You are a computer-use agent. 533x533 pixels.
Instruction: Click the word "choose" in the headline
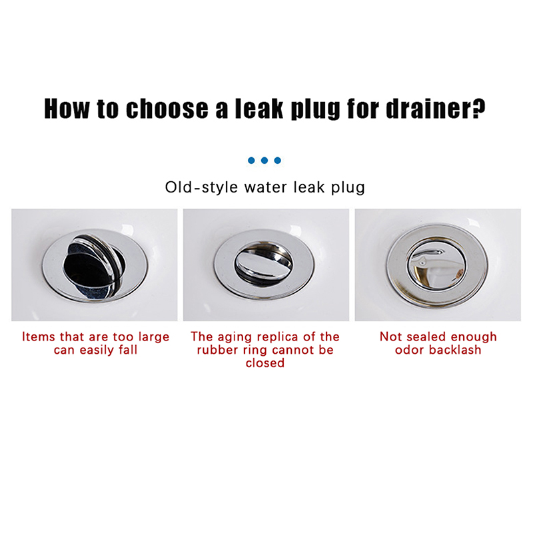coord(167,109)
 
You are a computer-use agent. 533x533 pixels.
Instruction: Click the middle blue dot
coord(265,161)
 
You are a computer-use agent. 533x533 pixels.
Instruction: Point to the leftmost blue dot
coord(251,161)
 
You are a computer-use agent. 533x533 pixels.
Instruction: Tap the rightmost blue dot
coord(278,161)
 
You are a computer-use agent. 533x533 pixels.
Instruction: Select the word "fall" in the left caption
coord(128,350)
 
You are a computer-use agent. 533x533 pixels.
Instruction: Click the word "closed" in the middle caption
coord(265,362)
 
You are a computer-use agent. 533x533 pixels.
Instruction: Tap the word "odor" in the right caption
coord(410,350)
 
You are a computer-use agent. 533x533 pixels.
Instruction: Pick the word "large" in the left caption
coord(154,338)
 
